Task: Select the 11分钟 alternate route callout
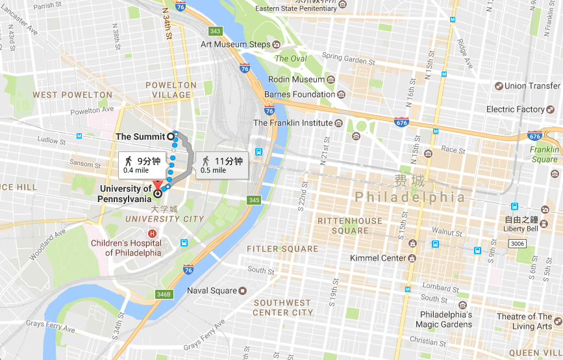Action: click(x=221, y=165)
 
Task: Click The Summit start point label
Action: click(x=140, y=136)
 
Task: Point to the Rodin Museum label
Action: click(x=298, y=80)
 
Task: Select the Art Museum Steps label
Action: click(x=235, y=44)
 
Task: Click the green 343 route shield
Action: click(x=215, y=31)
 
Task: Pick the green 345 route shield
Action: click(x=253, y=200)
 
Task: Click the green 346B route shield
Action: click(x=164, y=294)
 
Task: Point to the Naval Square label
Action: click(x=212, y=290)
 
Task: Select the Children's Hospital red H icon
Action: click(x=152, y=233)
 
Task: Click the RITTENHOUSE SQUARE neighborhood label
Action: click(x=350, y=225)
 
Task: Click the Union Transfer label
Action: click(x=532, y=86)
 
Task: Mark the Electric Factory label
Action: click(x=516, y=109)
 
